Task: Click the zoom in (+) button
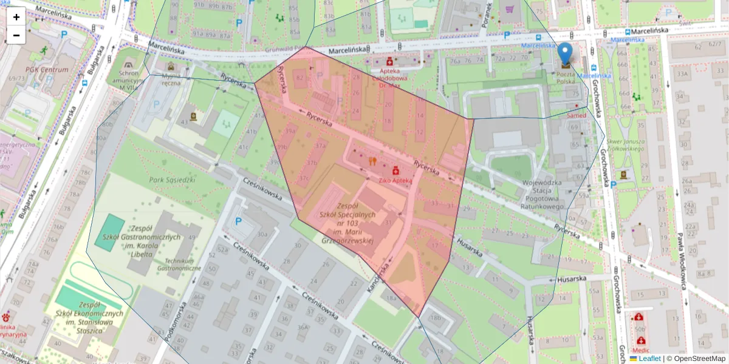pyautogui.click(x=16, y=17)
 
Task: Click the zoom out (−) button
pyautogui.click(x=16, y=35)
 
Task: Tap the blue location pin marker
pyautogui.click(x=566, y=55)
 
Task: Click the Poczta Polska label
pyautogui.click(x=566, y=77)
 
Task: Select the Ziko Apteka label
pyautogui.click(x=395, y=180)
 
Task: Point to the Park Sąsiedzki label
pyautogui.click(x=172, y=180)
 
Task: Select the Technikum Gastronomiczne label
pyautogui.click(x=179, y=263)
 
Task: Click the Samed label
pyautogui.click(x=576, y=115)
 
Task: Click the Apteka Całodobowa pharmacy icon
pyautogui.click(x=389, y=61)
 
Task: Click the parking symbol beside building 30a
pyautogui.click(x=238, y=221)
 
